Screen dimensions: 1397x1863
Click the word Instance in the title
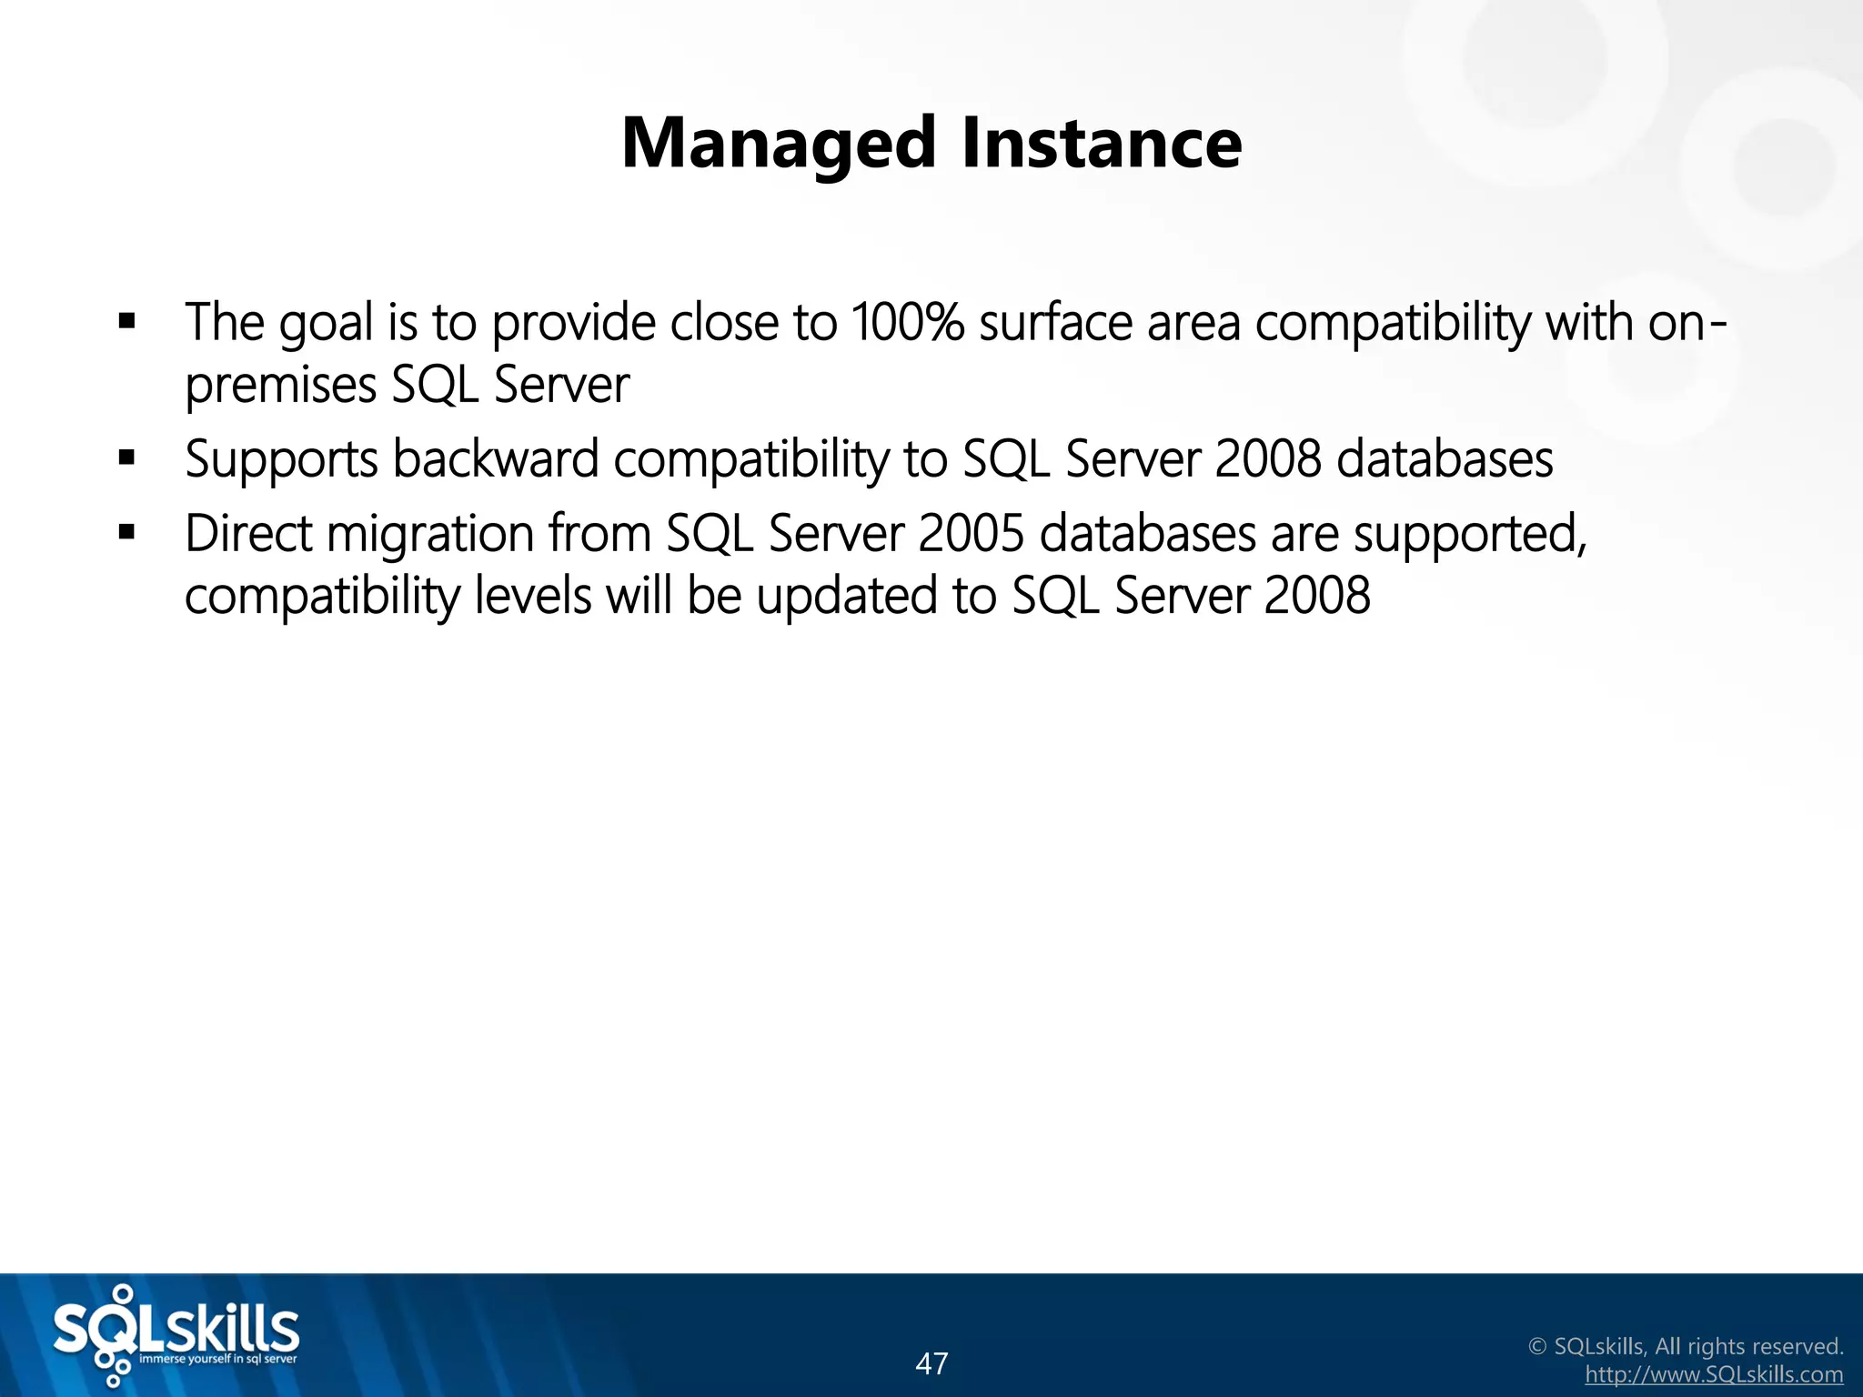pyautogui.click(x=1102, y=144)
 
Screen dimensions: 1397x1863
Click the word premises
pyautogui.click(x=281, y=386)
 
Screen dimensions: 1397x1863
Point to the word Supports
pyautogui.click(x=281, y=460)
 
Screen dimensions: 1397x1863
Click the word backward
pyautogui.click(x=496, y=458)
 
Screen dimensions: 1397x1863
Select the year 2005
pyautogui.click(x=971, y=534)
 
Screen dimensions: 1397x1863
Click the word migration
pyautogui.click(x=430, y=536)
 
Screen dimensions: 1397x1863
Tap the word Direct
pyautogui.click(x=248, y=534)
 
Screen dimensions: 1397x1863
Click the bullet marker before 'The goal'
pyautogui.click(x=127, y=321)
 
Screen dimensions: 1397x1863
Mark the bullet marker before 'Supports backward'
pyautogui.click(x=127, y=457)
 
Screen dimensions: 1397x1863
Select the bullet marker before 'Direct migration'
pyautogui.click(x=127, y=533)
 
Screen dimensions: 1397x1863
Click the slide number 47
pyautogui.click(x=931, y=1363)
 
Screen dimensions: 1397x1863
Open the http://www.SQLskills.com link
pyautogui.click(x=1714, y=1374)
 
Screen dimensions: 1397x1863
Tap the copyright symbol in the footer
pyautogui.click(x=1537, y=1346)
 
